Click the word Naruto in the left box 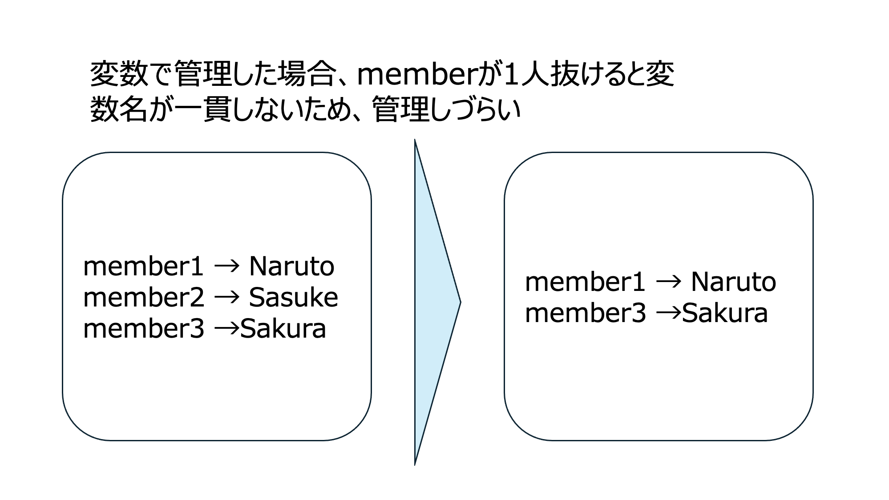291,266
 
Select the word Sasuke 293,298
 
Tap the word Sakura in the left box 283,329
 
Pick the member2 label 143,298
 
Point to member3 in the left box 143,329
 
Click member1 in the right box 585,282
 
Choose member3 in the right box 585,313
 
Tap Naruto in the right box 733,282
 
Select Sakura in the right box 725,313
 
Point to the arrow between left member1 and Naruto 227,266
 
